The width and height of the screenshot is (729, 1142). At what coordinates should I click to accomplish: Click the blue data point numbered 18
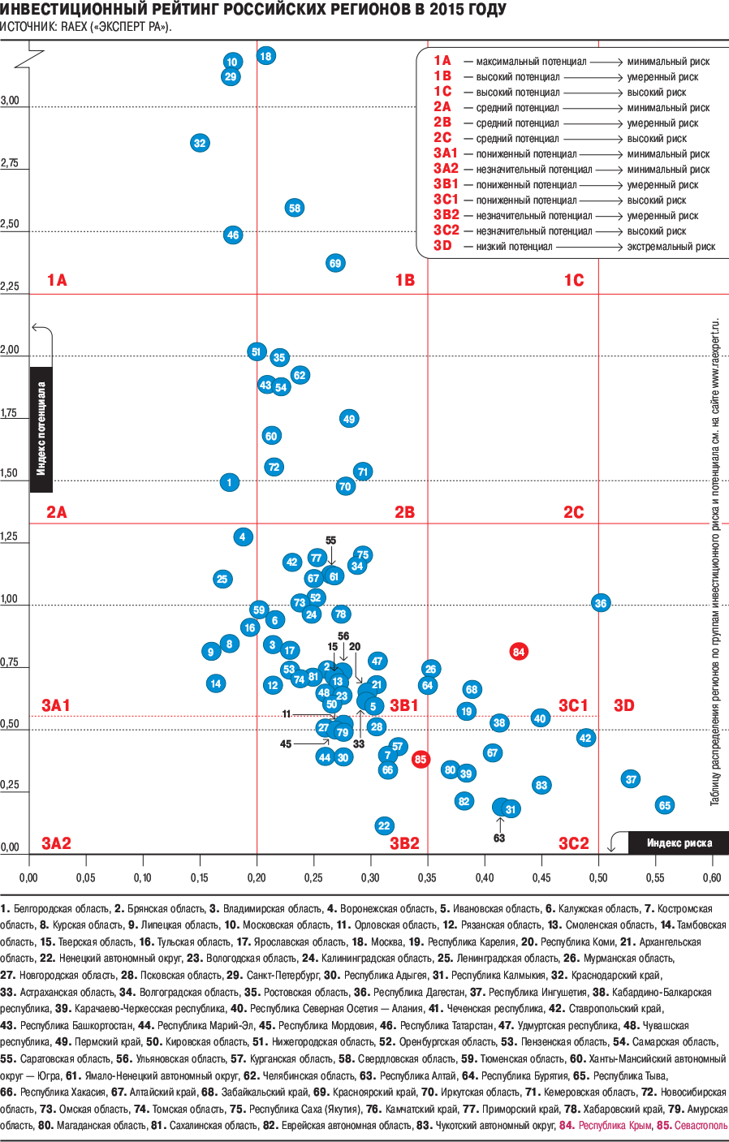pyautogui.click(x=265, y=56)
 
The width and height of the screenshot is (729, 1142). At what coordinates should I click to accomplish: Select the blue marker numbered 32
pyautogui.click(x=200, y=144)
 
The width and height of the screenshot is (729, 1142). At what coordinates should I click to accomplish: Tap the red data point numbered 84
pyautogui.click(x=519, y=652)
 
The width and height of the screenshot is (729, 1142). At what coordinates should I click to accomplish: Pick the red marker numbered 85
pyautogui.click(x=420, y=760)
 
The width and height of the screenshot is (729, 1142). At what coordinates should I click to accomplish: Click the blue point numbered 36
pyautogui.click(x=601, y=603)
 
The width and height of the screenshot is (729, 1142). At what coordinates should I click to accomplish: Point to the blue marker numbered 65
pyautogui.click(x=665, y=805)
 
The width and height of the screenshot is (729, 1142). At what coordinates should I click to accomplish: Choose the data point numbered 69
pyautogui.click(x=335, y=263)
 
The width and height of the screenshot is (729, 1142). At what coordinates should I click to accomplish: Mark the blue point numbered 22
pyautogui.click(x=384, y=825)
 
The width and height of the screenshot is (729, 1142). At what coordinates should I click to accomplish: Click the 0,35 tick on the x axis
pyautogui.click(x=427, y=877)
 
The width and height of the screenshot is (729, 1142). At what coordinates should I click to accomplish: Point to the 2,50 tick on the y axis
pyautogui.click(x=10, y=224)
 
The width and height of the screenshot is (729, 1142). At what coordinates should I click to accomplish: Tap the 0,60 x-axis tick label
pyautogui.click(x=712, y=877)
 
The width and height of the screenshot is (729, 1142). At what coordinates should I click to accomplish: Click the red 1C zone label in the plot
pyautogui.click(x=574, y=280)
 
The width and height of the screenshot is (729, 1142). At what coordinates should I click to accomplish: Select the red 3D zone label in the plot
pyautogui.click(x=623, y=705)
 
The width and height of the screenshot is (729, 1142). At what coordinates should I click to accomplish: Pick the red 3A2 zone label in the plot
pyautogui.click(x=56, y=843)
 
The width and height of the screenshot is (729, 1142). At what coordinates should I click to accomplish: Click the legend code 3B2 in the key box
pyautogui.click(x=446, y=215)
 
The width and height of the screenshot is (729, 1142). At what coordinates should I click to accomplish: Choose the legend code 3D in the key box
pyautogui.click(x=442, y=246)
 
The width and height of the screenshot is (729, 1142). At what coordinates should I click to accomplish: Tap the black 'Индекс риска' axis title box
pyautogui.click(x=679, y=843)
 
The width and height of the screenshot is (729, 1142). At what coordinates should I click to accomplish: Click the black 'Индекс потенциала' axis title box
pyautogui.click(x=41, y=429)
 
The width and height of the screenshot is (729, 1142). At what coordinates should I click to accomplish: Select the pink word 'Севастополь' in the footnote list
pyautogui.click(x=701, y=1126)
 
